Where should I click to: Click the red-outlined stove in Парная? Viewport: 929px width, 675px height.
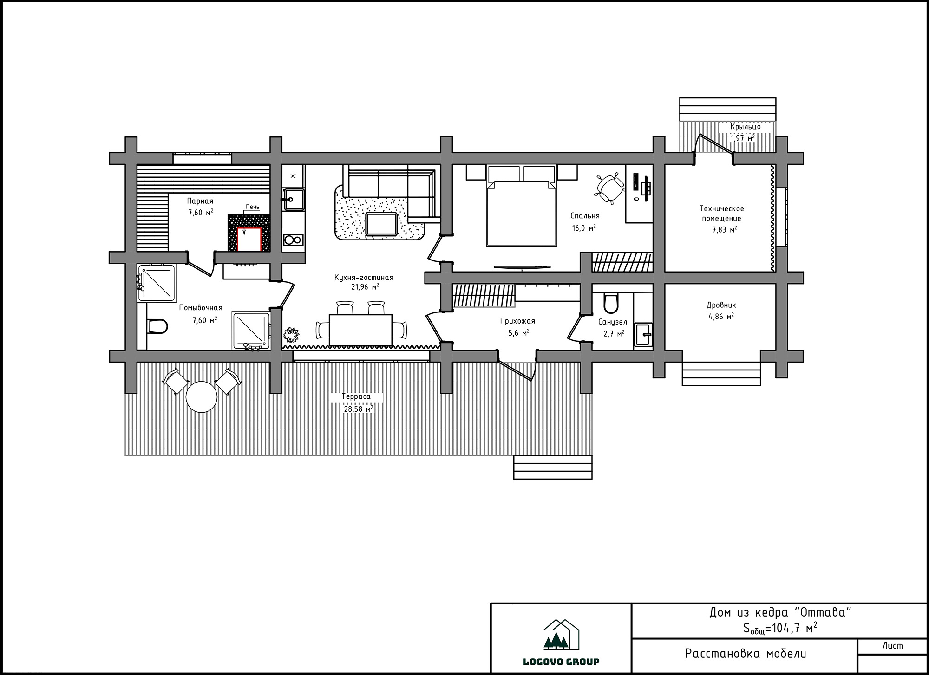tap(249, 240)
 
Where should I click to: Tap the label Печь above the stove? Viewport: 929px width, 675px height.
tap(253, 207)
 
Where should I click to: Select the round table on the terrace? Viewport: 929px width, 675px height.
tap(202, 397)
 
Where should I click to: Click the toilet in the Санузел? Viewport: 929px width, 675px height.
tap(611, 303)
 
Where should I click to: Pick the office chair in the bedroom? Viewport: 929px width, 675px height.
tap(610, 188)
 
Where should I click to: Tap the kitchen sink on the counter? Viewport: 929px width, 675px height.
tap(294, 200)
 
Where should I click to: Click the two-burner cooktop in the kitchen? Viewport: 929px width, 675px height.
tap(293, 240)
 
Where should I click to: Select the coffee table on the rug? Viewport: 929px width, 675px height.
tap(381, 224)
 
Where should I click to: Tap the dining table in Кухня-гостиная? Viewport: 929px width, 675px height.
tap(360, 330)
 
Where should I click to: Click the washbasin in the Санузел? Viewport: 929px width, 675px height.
tap(643, 334)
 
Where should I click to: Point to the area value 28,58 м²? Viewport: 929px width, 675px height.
tap(358, 409)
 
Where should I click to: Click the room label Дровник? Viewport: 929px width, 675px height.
tap(721, 305)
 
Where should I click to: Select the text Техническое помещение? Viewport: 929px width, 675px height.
tap(721, 214)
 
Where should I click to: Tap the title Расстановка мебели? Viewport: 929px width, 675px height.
tap(746, 654)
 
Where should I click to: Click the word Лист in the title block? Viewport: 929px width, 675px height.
tap(892, 646)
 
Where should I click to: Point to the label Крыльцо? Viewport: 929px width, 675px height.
tap(746, 127)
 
